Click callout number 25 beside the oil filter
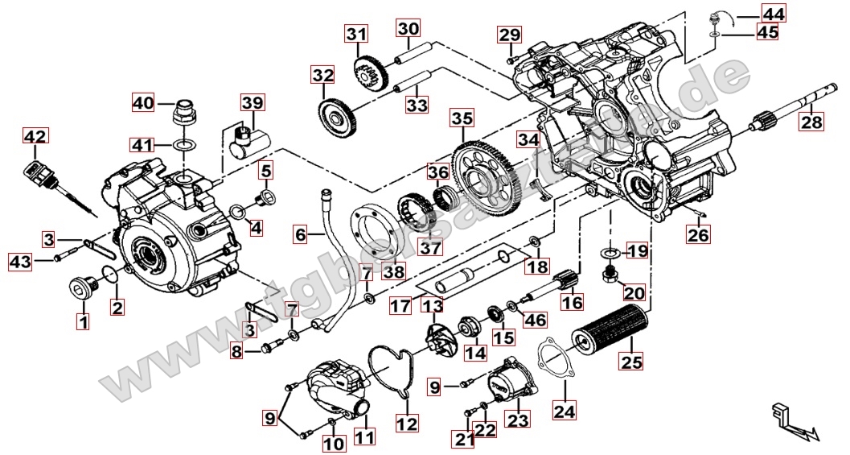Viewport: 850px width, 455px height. [x=632, y=362]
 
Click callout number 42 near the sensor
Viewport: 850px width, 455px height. [x=35, y=137]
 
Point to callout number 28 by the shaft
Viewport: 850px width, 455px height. [x=811, y=122]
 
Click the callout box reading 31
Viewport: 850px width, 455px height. [x=356, y=35]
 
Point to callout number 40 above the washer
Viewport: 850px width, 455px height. [x=143, y=103]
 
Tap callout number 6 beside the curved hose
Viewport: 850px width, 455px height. [x=301, y=235]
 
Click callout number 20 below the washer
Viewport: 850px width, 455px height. [x=634, y=293]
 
